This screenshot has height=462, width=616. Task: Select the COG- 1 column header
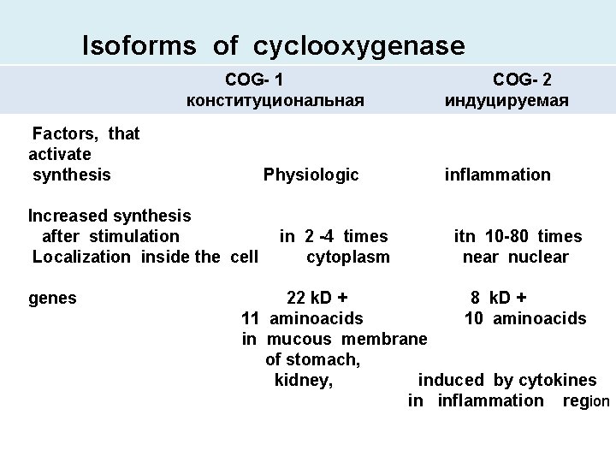coord(255,80)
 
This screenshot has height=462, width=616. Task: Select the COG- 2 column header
coord(522,80)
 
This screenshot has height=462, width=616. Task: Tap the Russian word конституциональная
coord(275,101)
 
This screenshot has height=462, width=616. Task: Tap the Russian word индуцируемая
coord(506,101)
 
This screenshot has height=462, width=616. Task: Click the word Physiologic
coord(311,175)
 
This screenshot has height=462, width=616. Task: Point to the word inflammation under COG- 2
coord(497,175)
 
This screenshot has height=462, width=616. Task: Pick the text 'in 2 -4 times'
coord(334,236)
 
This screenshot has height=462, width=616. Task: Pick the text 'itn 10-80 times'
coord(518,236)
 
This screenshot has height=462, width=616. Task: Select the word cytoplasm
coord(347,257)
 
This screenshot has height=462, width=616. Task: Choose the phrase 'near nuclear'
coord(515,257)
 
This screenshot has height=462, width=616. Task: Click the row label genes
coord(52,299)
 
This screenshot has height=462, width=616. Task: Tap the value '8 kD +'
coord(498,299)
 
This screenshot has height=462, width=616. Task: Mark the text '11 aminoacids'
coord(302,319)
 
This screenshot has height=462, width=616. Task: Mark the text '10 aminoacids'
coord(525,319)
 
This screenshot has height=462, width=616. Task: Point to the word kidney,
coord(303,381)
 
